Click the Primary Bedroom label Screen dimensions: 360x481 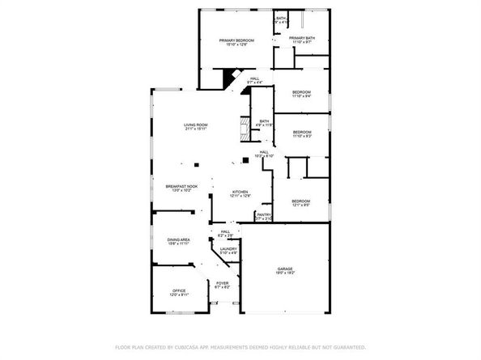[237, 40]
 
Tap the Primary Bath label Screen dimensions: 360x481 [301, 38]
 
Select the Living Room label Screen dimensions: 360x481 [196, 125]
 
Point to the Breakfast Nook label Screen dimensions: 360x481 [179, 187]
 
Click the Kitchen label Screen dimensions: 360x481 [230, 192]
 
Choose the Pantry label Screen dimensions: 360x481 [264, 214]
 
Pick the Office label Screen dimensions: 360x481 [179, 290]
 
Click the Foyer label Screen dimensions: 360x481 [223, 283]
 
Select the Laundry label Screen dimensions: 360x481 [228, 249]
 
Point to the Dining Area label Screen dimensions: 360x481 [179, 239]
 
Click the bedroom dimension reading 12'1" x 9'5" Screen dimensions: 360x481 [301, 205]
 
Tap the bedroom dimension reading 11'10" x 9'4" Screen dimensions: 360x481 [301, 96]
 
